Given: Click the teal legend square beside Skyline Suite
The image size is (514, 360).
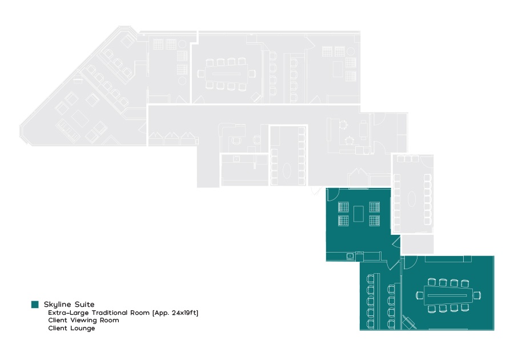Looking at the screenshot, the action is click(35, 304).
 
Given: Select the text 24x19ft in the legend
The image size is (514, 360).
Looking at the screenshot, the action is click(185, 313).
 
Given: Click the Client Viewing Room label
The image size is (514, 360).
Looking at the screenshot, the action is click(83, 321).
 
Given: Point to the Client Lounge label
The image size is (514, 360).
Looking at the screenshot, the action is click(71, 328).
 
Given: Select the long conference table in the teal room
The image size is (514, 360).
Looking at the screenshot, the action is click(448, 295).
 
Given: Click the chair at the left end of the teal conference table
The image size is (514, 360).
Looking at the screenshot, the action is click(420, 295).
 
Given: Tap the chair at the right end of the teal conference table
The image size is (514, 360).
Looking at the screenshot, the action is click(477, 295).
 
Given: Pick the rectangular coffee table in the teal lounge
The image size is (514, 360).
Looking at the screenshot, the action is click(359, 214).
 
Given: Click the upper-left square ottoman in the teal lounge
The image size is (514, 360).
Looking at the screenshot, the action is click(343, 207).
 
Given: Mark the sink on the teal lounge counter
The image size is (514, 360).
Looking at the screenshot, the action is click(350, 256).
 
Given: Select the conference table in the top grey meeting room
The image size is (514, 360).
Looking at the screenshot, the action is click(227, 74).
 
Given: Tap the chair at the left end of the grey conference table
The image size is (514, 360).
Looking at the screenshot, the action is click(201, 74).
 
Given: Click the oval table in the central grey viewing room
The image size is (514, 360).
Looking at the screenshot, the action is click(287, 171).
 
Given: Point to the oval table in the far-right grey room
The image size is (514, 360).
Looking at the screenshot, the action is click(412, 198).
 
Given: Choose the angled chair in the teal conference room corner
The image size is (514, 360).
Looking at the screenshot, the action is click(409, 322).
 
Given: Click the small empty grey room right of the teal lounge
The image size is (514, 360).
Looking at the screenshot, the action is click(417, 244).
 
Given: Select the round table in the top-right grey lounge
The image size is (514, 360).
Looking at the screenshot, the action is click(351, 51).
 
